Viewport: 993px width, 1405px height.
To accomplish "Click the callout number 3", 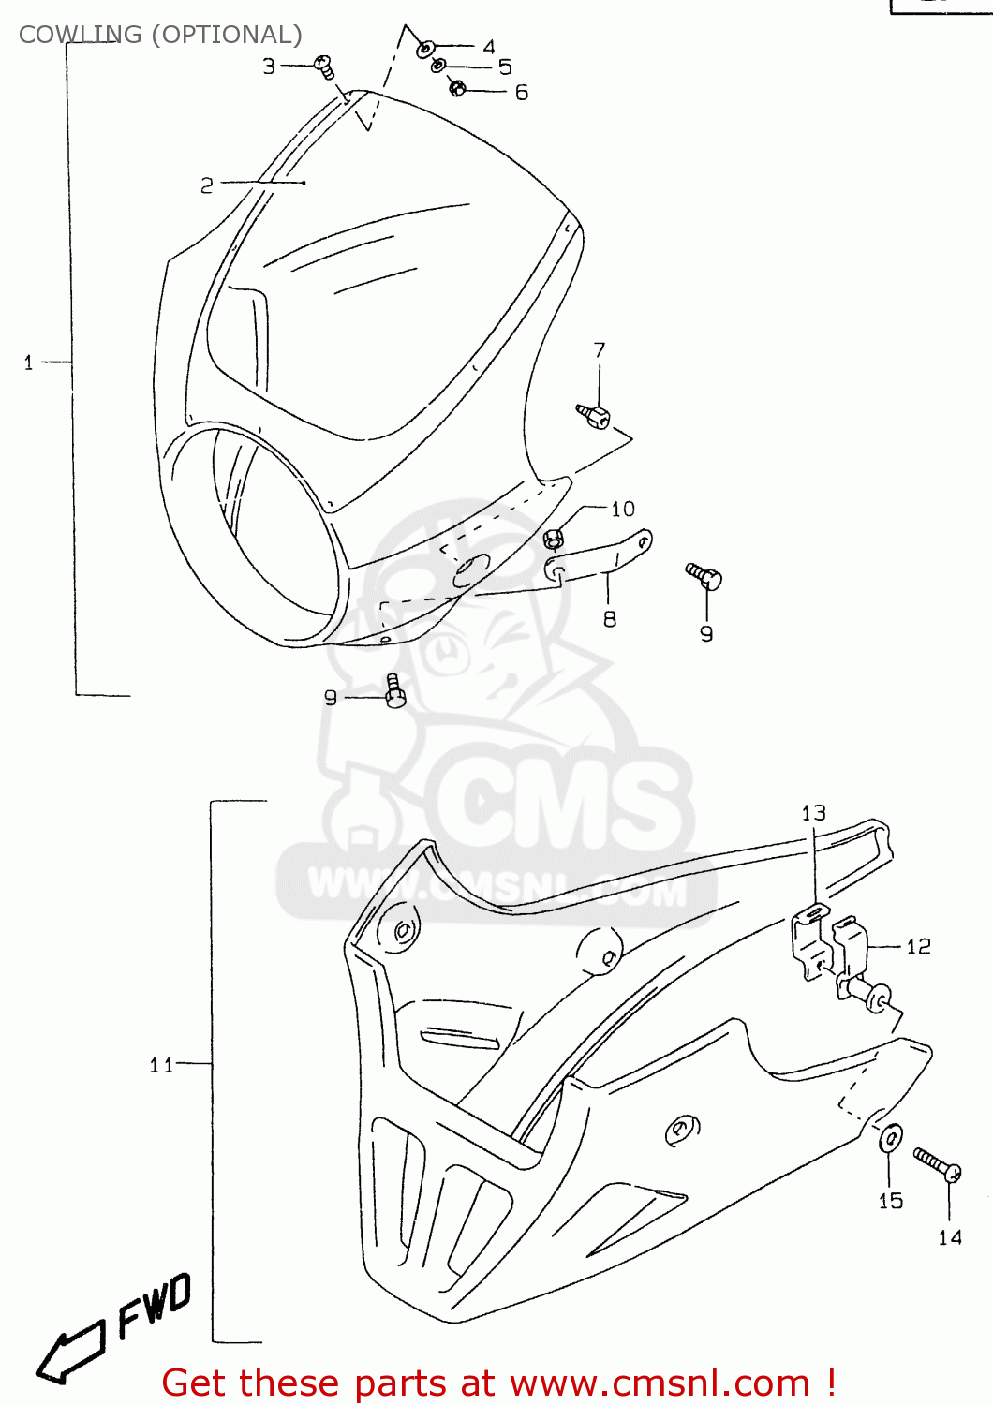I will click(269, 67).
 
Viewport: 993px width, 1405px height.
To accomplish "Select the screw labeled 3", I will click(326, 67).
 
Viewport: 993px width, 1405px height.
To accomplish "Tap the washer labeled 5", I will click(438, 66).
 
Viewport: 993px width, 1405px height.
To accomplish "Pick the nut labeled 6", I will click(457, 88).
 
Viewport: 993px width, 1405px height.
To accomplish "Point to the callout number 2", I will click(207, 185).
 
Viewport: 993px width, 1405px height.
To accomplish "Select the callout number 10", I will click(623, 509).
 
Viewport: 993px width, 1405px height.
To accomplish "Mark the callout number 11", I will click(161, 1064).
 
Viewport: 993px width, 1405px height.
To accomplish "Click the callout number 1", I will click(28, 362).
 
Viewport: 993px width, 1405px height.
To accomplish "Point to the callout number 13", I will click(813, 813).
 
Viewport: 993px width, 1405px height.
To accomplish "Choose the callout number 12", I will click(918, 946).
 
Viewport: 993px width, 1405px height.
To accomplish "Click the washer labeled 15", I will click(890, 1139).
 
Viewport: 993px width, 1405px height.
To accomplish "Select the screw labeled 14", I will click(938, 1166).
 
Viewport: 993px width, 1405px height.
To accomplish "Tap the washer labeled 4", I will click(425, 47).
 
